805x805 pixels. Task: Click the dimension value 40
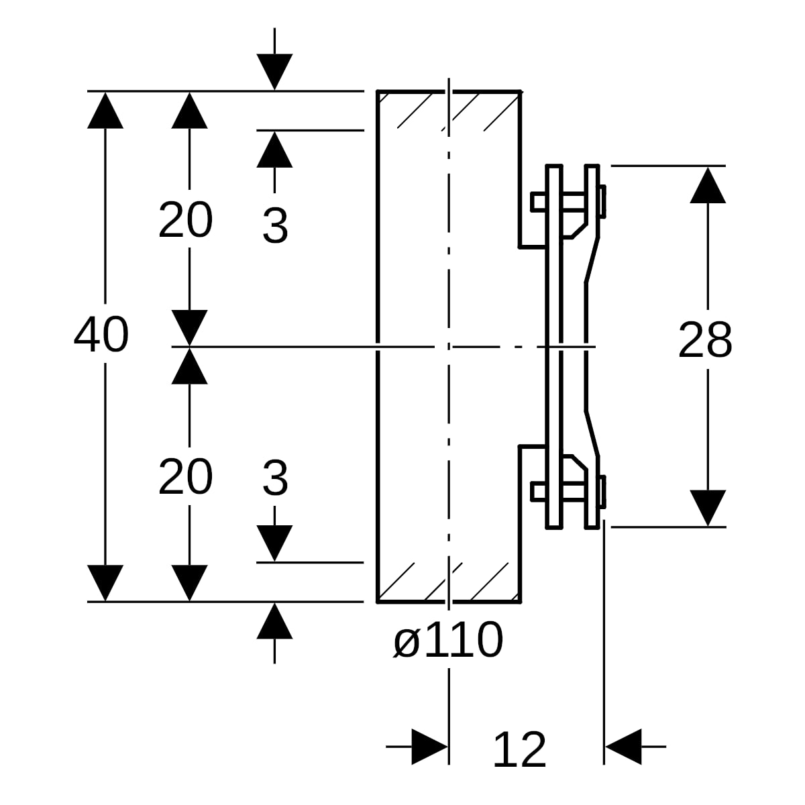(x=101, y=335)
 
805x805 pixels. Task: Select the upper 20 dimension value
(x=185, y=220)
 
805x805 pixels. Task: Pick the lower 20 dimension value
(x=185, y=477)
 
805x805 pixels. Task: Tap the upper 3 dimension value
(x=275, y=225)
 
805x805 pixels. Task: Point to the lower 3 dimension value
(x=275, y=478)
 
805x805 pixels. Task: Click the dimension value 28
(x=705, y=339)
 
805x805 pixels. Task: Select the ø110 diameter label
(x=448, y=639)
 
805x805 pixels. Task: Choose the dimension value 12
(x=519, y=750)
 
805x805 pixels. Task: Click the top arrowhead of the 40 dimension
(x=105, y=110)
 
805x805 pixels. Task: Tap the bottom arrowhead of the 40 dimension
(x=105, y=583)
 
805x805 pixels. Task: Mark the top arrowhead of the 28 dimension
(x=708, y=185)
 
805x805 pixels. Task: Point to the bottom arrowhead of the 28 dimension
(x=708, y=508)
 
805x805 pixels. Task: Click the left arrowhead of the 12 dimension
(x=429, y=747)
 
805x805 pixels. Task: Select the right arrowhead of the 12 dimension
(x=623, y=747)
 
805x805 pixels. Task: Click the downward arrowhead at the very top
(x=274, y=72)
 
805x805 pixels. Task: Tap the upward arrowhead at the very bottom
(x=274, y=621)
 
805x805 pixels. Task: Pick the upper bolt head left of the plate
(x=539, y=202)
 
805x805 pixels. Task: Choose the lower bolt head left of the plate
(x=539, y=491)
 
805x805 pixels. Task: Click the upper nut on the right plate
(x=602, y=201)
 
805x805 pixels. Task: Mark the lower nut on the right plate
(x=602, y=492)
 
